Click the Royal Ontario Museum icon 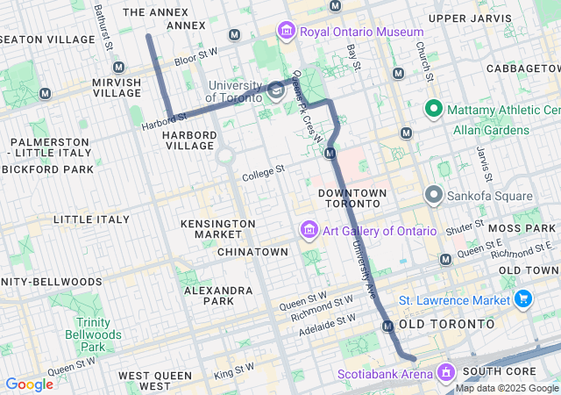click(x=286, y=32)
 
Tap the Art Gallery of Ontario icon click(x=309, y=231)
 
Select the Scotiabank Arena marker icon click(x=447, y=374)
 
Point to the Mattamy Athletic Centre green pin click(x=433, y=110)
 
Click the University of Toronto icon click(x=275, y=90)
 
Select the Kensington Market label click(x=211, y=229)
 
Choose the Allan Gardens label click(x=491, y=130)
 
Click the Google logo click(x=30, y=384)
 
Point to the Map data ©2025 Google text click(x=506, y=388)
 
